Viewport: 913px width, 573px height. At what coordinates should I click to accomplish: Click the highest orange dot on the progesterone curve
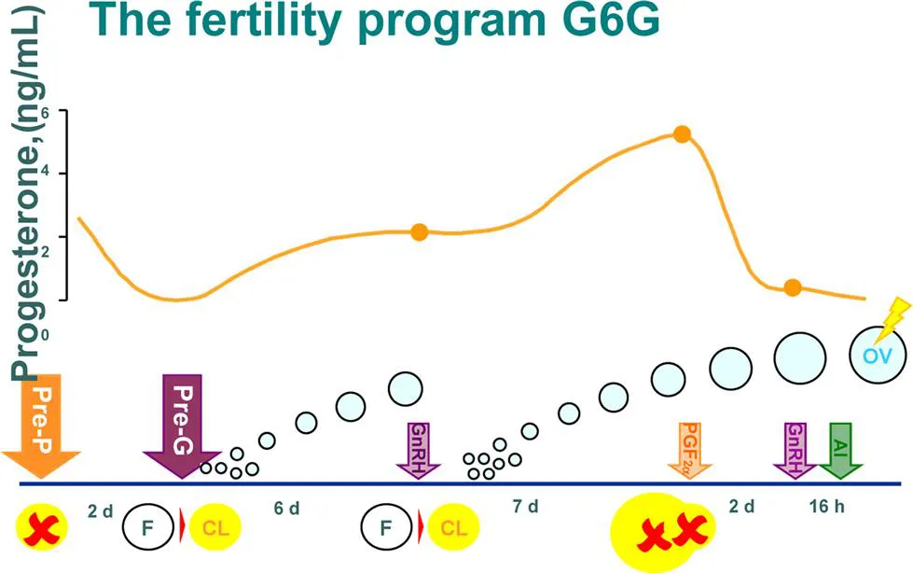[682, 134]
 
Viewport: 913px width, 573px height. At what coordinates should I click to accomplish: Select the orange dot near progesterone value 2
[419, 231]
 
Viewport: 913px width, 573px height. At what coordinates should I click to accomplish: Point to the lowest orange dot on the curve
[792, 287]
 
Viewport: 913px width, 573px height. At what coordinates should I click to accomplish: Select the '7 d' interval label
[526, 508]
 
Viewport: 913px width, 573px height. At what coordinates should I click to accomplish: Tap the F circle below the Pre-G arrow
[146, 529]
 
